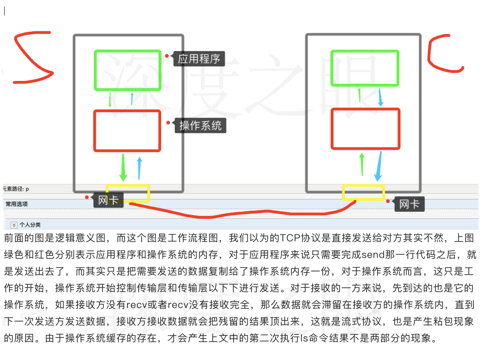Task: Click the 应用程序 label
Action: coord(199,59)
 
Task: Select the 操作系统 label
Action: coord(200,126)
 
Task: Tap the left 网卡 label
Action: coord(108,200)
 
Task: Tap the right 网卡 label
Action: coord(409,204)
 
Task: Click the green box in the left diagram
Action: coord(128,70)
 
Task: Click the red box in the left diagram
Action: coord(127,131)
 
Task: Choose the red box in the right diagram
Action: coord(365,129)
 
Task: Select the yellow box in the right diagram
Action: coord(363,192)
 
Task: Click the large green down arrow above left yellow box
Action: coord(123,167)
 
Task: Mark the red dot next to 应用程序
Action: coord(167,56)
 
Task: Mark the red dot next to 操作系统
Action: coord(168,123)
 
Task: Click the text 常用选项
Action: coord(17,204)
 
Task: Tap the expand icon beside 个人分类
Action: coord(14,225)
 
